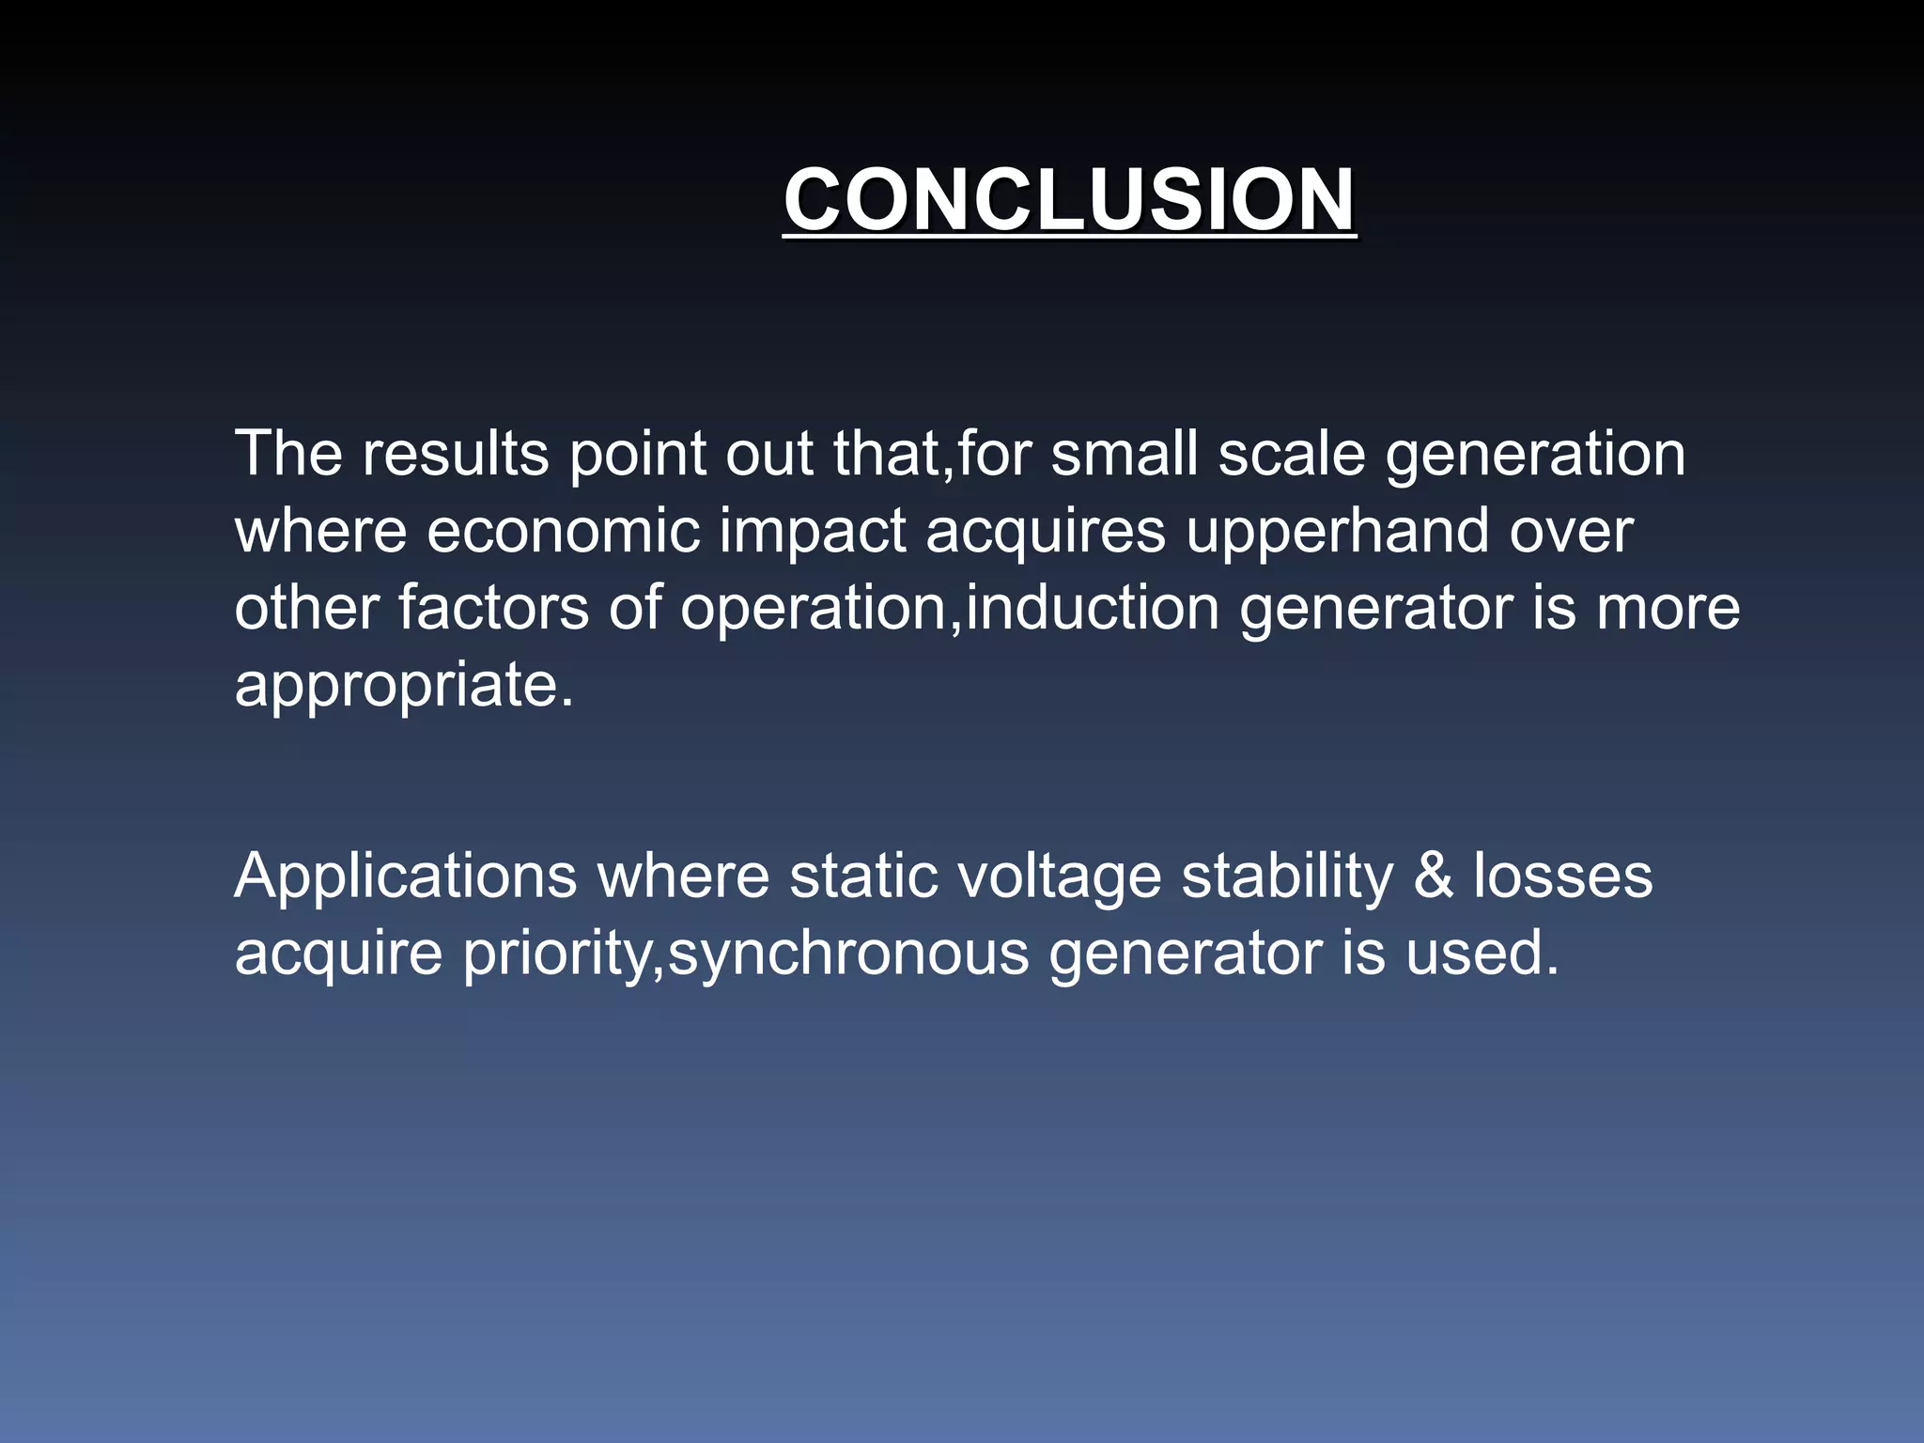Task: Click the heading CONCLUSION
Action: (x=1069, y=199)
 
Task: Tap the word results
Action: (x=456, y=455)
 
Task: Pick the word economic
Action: (x=563, y=532)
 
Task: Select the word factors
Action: (x=493, y=608)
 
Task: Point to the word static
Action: (x=863, y=877)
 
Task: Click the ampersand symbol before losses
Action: (x=1433, y=877)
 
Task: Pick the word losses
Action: (x=1562, y=877)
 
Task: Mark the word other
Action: (x=306, y=608)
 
